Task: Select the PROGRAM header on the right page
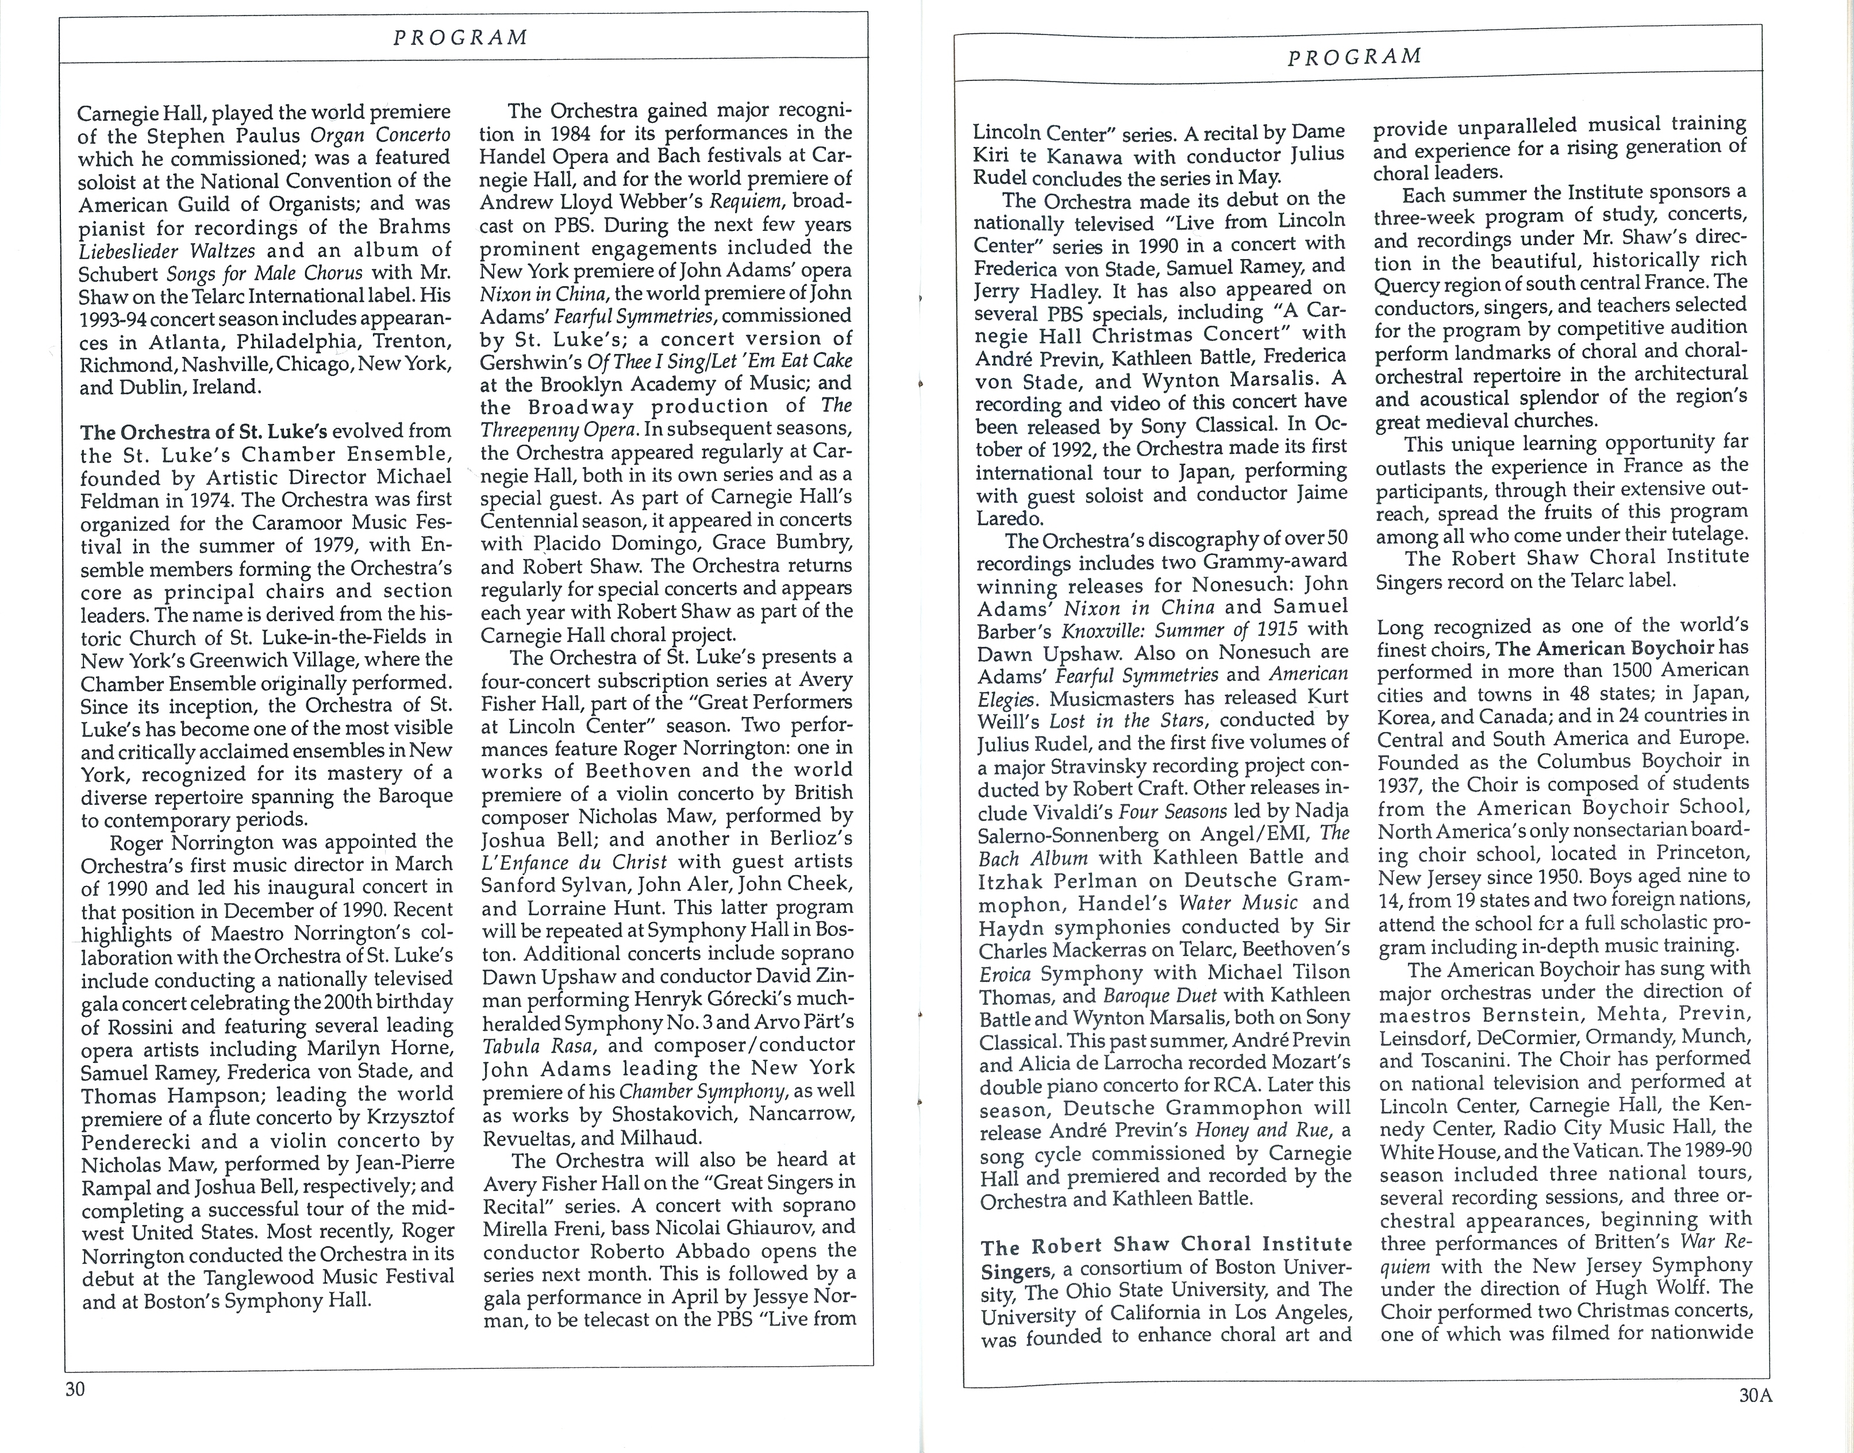coord(1355,56)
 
